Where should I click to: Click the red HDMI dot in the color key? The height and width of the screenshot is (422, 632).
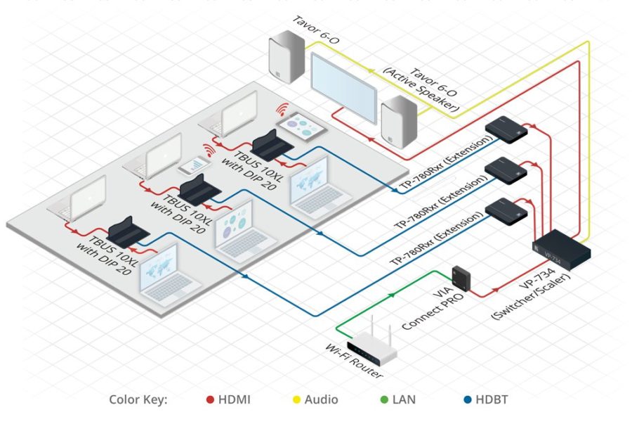pyautogui.click(x=210, y=399)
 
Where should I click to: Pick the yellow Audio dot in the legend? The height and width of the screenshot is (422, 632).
pyautogui.click(x=296, y=399)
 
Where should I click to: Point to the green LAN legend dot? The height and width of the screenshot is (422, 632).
pyautogui.click(x=383, y=399)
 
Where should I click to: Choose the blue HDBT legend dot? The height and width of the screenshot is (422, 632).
pyautogui.click(x=467, y=399)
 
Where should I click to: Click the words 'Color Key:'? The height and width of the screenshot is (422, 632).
pyautogui.click(x=138, y=399)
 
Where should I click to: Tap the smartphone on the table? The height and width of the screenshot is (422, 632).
pyautogui.click(x=193, y=165)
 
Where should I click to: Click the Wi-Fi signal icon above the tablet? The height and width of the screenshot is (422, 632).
pyautogui.click(x=282, y=109)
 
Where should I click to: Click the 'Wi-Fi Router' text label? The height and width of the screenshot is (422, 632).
pyautogui.click(x=355, y=363)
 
